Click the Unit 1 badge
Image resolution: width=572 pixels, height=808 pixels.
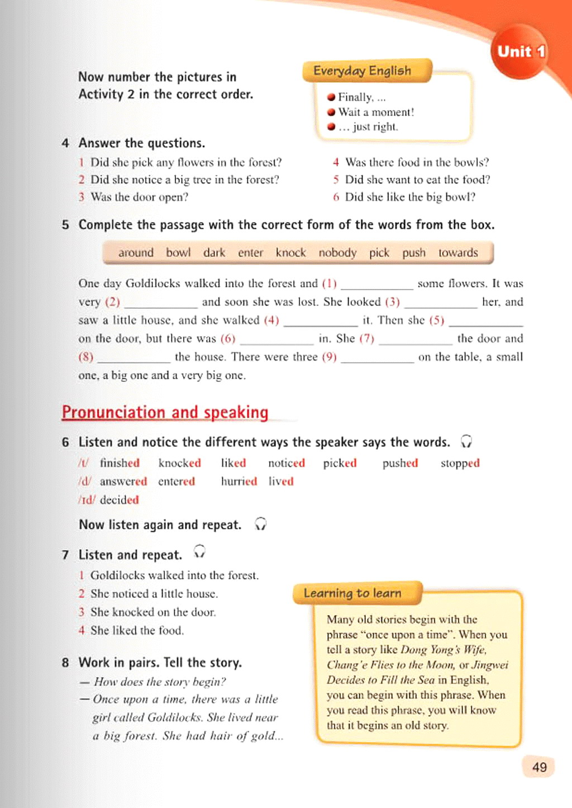click(521, 51)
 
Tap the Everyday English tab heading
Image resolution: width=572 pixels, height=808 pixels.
click(362, 71)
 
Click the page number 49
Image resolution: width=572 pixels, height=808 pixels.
click(539, 767)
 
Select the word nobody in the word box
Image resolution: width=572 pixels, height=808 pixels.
click(337, 253)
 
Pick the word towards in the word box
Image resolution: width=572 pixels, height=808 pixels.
click(458, 253)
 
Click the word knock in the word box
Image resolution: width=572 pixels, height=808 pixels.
click(290, 253)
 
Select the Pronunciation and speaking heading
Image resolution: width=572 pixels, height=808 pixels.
click(165, 412)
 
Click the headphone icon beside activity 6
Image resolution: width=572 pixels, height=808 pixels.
click(466, 442)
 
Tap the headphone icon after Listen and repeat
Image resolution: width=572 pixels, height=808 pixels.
click(199, 552)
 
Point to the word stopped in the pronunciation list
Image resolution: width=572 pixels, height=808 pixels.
click(460, 463)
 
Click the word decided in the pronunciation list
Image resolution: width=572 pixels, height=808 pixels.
click(119, 500)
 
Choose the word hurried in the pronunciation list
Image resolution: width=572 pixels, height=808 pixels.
click(239, 481)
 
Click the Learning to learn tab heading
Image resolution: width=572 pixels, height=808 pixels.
click(352, 593)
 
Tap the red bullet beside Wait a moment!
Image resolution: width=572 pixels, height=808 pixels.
click(331, 112)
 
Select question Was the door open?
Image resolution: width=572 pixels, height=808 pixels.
click(139, 197)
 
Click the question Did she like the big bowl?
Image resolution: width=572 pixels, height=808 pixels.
click(410, 197)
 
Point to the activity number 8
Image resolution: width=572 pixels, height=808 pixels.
click(65, 663)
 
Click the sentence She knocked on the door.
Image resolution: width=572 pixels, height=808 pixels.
click(153, 612)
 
